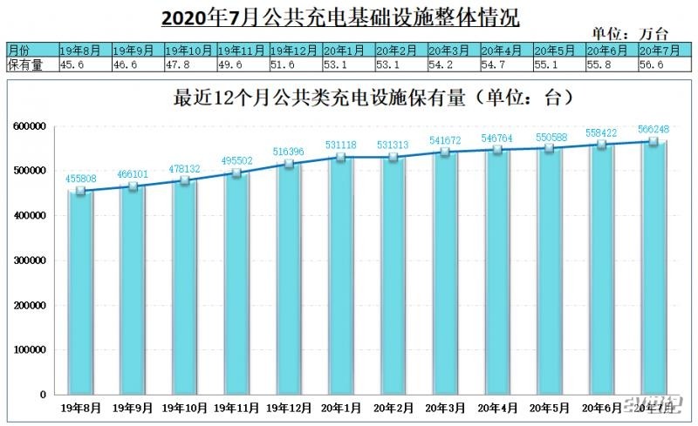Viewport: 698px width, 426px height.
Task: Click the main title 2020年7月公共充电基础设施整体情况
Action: tap(346, 17)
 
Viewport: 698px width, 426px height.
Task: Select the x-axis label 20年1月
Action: tap(342, 407)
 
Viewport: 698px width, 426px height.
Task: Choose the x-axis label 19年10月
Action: tap(185, 407)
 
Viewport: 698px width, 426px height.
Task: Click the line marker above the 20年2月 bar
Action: tap(393, 158)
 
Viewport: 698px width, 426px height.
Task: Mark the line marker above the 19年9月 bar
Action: tap(133, 186)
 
